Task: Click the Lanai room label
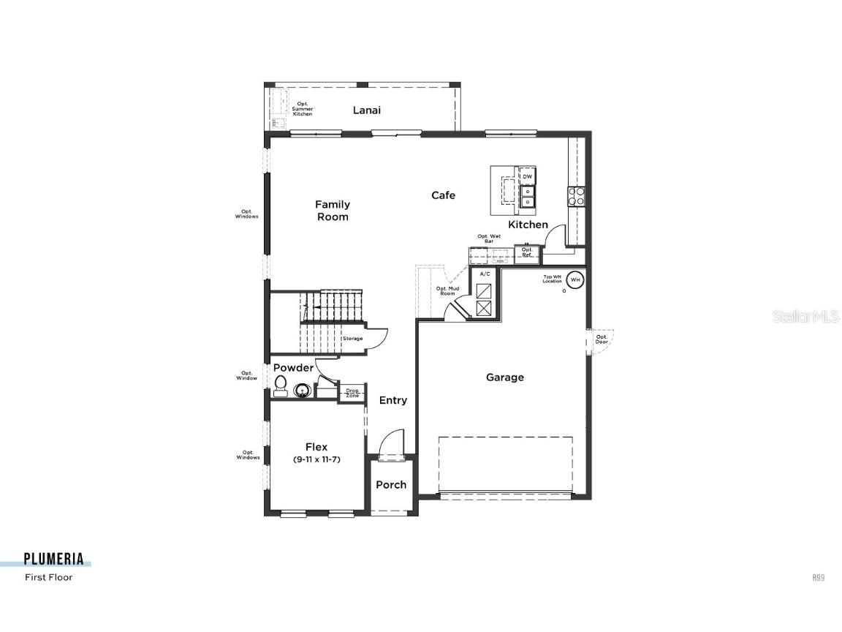click(x=367, y=110)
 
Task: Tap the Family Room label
click(x=333, y=211)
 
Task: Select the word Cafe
click(x=443, y=195)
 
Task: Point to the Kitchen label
click(x=528, y=225)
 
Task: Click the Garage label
click(x=505, y=377)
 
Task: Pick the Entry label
click(x=393, y=400)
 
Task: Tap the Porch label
click(x=391, y=484)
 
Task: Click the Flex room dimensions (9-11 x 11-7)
click(x=317, y=459)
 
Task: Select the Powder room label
click(x=293, y=368)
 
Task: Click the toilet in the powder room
click(x=280, y=386)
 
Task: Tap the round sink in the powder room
click(x=303, y=391)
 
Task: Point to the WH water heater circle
click(x=575, y=279)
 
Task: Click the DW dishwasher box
click(x=527, y=177)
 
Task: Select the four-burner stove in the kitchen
click(x=577, y=195)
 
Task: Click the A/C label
click(x=485, y=274)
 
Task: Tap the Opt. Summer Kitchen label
click(x=303, y=109)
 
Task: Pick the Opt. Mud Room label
click(x=447, y=290)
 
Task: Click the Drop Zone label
click(x=352, y=394)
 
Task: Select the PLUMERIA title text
click(x=53, y=560)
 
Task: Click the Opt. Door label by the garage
click(x=602, y=339)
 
